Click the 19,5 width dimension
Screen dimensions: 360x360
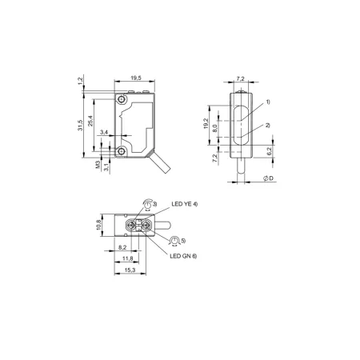coord(136,78)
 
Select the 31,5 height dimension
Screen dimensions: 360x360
coord(80,126)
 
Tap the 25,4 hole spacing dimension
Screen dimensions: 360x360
coord(90,121)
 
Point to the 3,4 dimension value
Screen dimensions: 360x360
coord(104,132)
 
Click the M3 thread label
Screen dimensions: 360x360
coord(98,165)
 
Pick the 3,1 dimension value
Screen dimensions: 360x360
coord(106,167)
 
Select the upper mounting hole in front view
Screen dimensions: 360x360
coord(122,99)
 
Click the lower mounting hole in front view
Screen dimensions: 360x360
coord(122,151)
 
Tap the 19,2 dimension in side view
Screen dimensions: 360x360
coord(206,124)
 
